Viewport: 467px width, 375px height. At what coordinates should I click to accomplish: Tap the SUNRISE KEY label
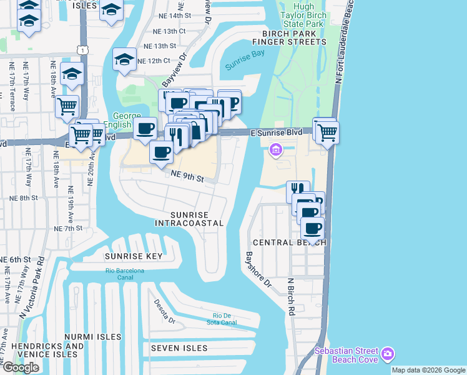point(133,256)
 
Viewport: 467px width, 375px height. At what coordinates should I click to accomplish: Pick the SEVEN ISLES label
point(177,347)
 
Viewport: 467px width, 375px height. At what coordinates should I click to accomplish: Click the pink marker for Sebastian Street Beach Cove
point(388,354)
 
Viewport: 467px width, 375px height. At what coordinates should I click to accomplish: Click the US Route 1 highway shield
point(82,49)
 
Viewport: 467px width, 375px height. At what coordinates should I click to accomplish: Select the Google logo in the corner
point(21,367)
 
